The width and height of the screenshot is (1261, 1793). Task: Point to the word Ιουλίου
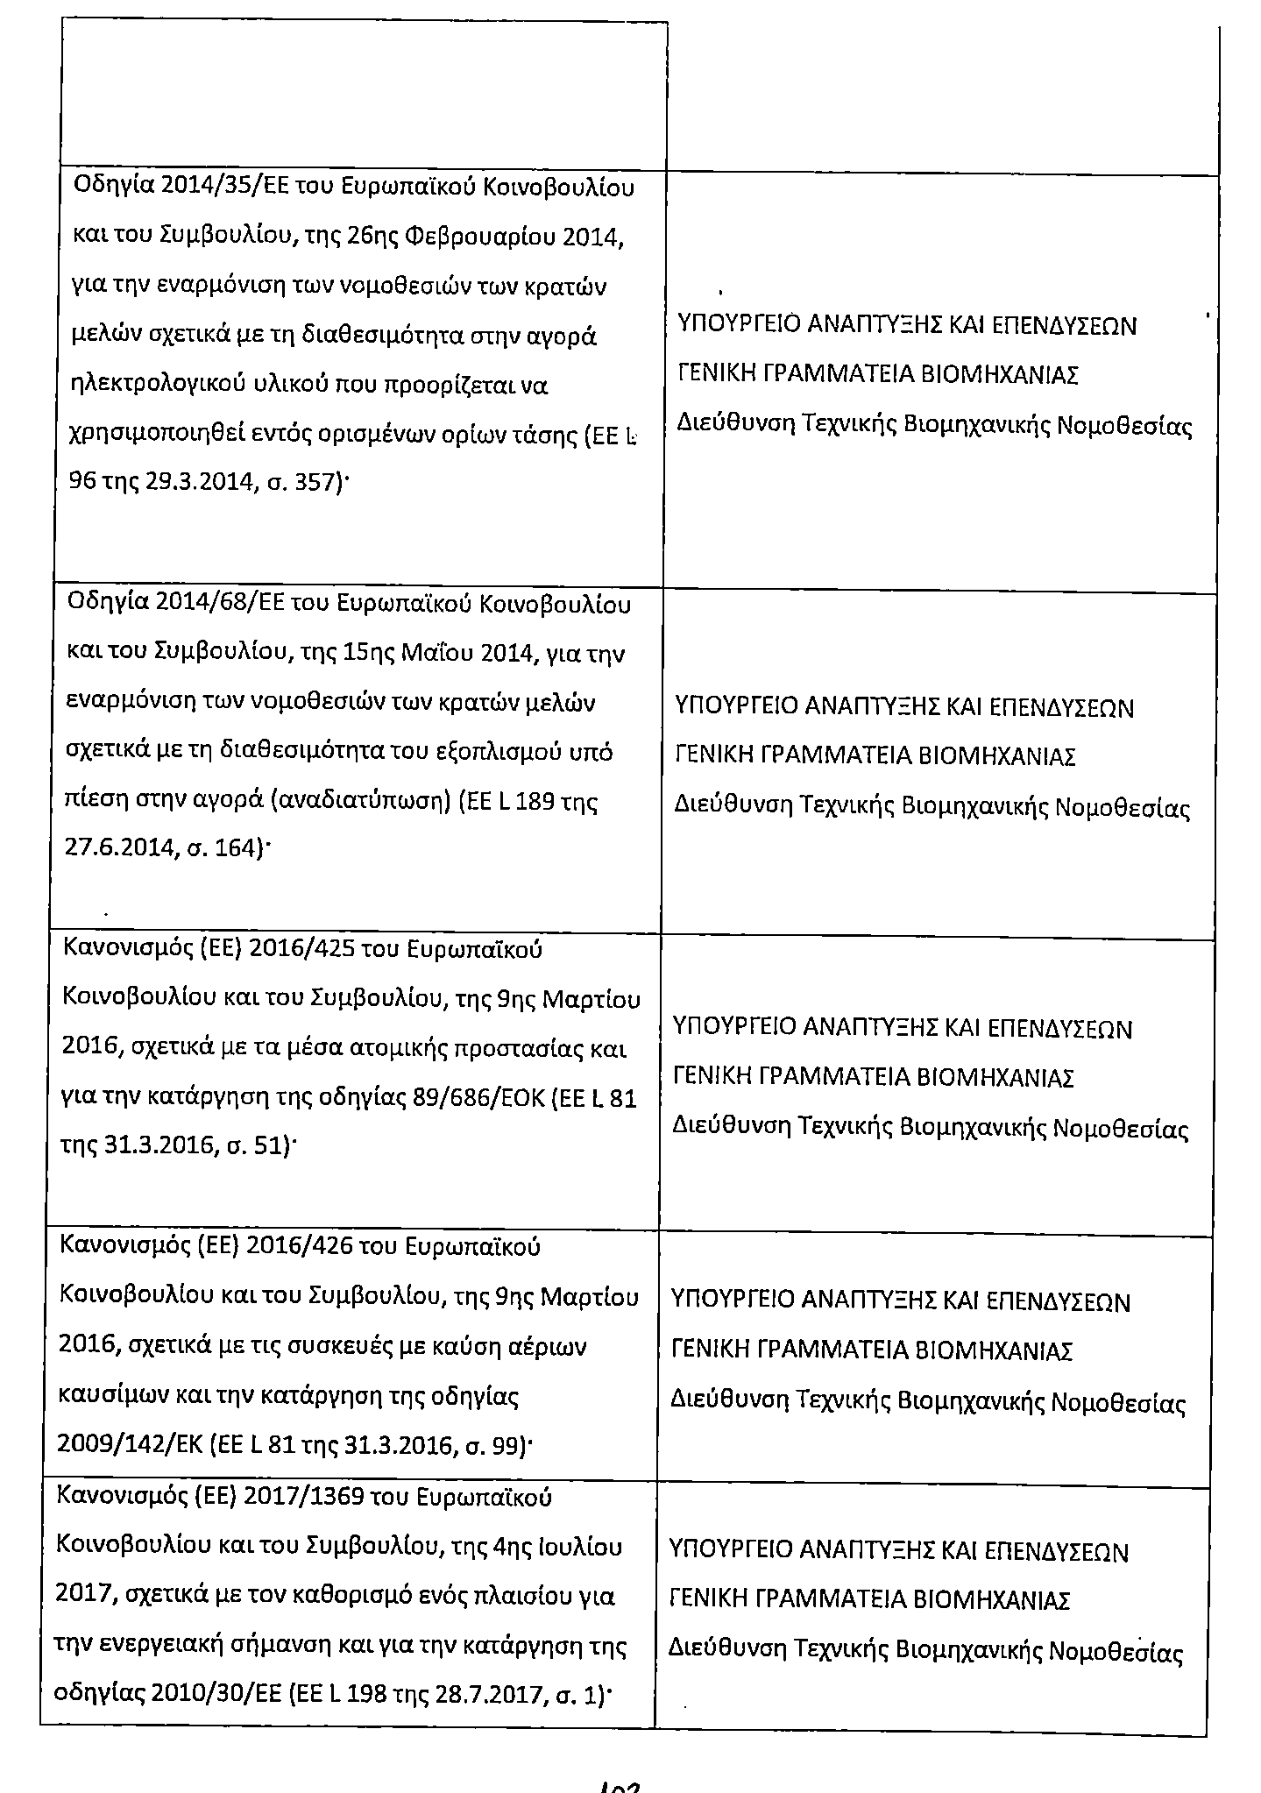click(x=579, y=1547)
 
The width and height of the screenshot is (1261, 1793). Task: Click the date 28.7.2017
click(x=479, y=1697)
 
